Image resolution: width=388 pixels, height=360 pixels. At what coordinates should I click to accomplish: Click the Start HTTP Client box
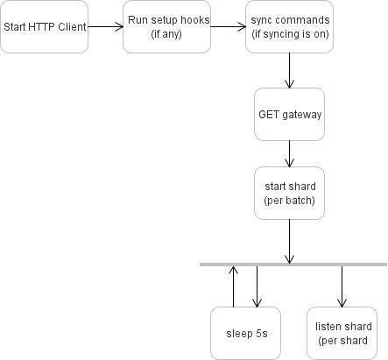click(45, 26)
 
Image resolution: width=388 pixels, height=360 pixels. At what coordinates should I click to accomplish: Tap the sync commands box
click(290, 26)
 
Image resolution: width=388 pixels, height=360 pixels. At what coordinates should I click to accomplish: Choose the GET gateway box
click(290, 114)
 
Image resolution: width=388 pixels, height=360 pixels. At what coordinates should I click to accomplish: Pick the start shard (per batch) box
click(290, 192)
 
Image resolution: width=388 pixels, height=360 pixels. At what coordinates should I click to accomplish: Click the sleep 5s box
click(246, 333)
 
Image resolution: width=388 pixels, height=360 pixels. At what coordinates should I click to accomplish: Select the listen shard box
click(342, 333)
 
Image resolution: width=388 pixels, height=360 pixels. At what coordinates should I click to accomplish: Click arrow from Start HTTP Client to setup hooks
click(106, 26)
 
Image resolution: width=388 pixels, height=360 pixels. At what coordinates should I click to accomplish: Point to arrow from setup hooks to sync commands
click(229, 26)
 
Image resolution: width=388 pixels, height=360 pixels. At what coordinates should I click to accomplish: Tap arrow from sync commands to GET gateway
click(290, 70)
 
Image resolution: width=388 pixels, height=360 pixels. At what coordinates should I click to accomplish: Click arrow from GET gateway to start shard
click(290, 153)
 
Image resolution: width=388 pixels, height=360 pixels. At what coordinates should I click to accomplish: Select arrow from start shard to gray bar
click(290, 240)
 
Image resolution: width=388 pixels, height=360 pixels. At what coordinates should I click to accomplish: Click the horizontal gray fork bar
click(293, 264)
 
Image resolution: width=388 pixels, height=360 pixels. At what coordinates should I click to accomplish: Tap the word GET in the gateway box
click(269, 114)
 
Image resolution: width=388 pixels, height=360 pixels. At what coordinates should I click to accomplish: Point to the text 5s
click(259, 334)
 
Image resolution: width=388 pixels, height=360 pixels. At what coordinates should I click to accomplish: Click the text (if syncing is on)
click(290, 34)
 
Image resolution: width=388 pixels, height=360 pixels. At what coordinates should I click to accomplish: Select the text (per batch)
click(290, 201)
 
